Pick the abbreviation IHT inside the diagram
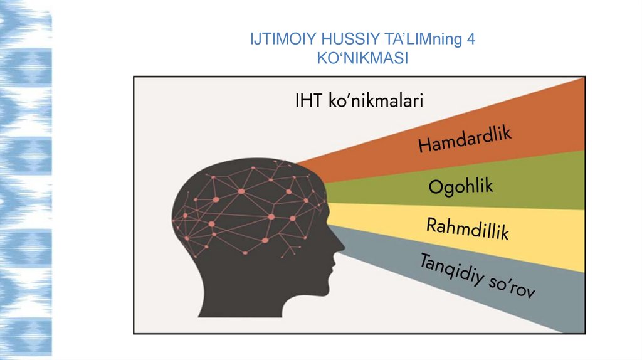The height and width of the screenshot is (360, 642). point(309,101)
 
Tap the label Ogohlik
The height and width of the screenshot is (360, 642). point(461,186)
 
